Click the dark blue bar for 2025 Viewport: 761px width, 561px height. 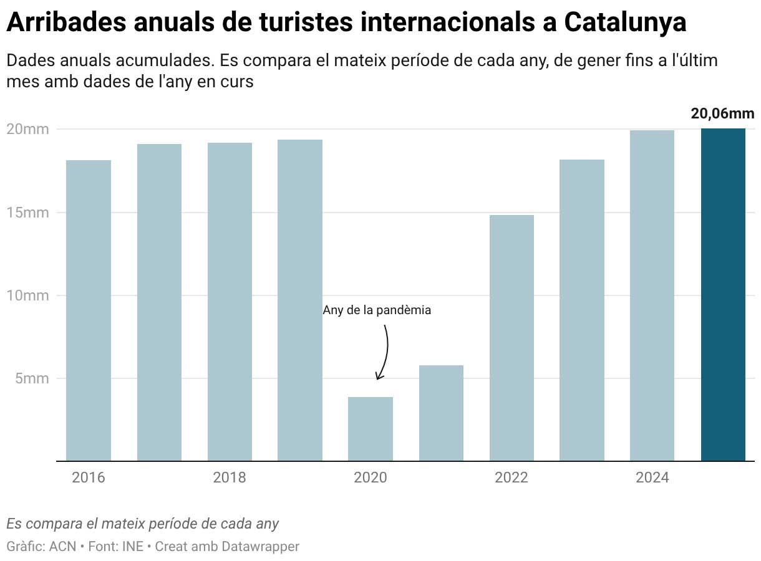(723, 295)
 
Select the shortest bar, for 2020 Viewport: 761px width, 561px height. (371, 429)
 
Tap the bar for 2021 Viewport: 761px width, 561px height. (441, 413)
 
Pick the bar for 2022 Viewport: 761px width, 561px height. (511, 338)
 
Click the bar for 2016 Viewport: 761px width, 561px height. (89, 310)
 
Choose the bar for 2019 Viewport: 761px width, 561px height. (300, 300)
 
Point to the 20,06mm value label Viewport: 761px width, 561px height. (722, 113)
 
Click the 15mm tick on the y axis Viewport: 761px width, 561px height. (27, 213)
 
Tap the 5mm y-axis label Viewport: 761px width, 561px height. (27, 378)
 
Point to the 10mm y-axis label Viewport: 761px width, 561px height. (27, 295)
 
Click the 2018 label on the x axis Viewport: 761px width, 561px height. (230, 478)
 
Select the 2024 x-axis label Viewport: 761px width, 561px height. (652, 478)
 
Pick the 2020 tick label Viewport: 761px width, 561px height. (371, 478)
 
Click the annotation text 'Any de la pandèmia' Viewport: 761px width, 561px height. (377, 310)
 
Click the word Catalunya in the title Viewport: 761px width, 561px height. (626, 22)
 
